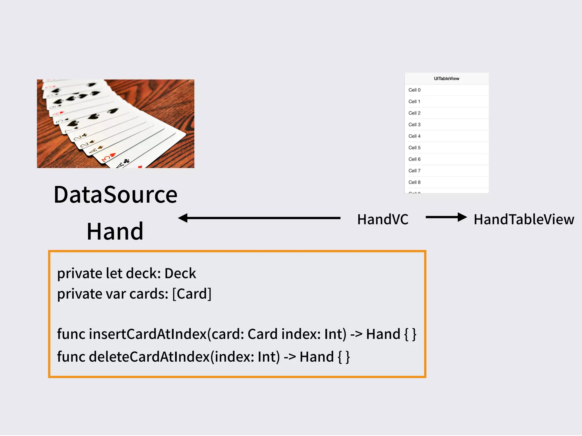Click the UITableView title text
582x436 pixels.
pyautogui.click(x=446, y=79)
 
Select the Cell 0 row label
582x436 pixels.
pyautogui.click(x=414, y=90)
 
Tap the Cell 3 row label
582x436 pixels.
pyautogui.click(x=414, y=125)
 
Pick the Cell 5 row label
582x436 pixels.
pyautogui.click(x=414, y=148)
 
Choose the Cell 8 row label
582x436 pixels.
pyautogui.click(x=414, y=182)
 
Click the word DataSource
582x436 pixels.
pyautogui.click(x=115, y=195)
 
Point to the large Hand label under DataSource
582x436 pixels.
pyautogui.click(x=115, y=231)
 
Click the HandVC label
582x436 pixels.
pyautogui.click(x=383, y=219)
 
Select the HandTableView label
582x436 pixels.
pyautogui.click(x=524, y=219)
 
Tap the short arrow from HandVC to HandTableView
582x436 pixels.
pyautogui.click(x=446, y=217)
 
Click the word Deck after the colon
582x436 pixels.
pyautogui.click(x=180, y=273)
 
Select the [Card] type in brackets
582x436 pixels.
pyautogui.click(x=192, y=294)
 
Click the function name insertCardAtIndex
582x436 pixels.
pyautogui.click(x=147, y=334)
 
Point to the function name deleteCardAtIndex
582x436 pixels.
pyautogui.click(x=149, y=357)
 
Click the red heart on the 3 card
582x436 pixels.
pyautogui.click(x=112, y=155)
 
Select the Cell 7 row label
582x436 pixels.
pyautogui.click(x=414, y=171)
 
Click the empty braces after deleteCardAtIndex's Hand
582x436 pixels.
pyautogui.click(x=344, y=357)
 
